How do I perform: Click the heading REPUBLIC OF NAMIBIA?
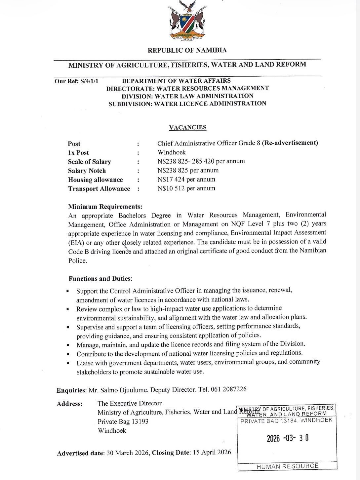tap(187, 51)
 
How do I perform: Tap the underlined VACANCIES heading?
tap(187, 128)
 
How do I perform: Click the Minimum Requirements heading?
tap(105, 207)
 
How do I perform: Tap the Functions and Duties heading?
tap(100, 279)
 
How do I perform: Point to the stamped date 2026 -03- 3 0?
tap(288, 438)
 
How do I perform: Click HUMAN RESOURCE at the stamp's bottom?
tap(288, 466)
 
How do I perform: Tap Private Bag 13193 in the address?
tap(123, 421)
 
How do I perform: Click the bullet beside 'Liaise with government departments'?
tap(68, 363)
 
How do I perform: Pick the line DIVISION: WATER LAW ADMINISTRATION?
tap(187, 96)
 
